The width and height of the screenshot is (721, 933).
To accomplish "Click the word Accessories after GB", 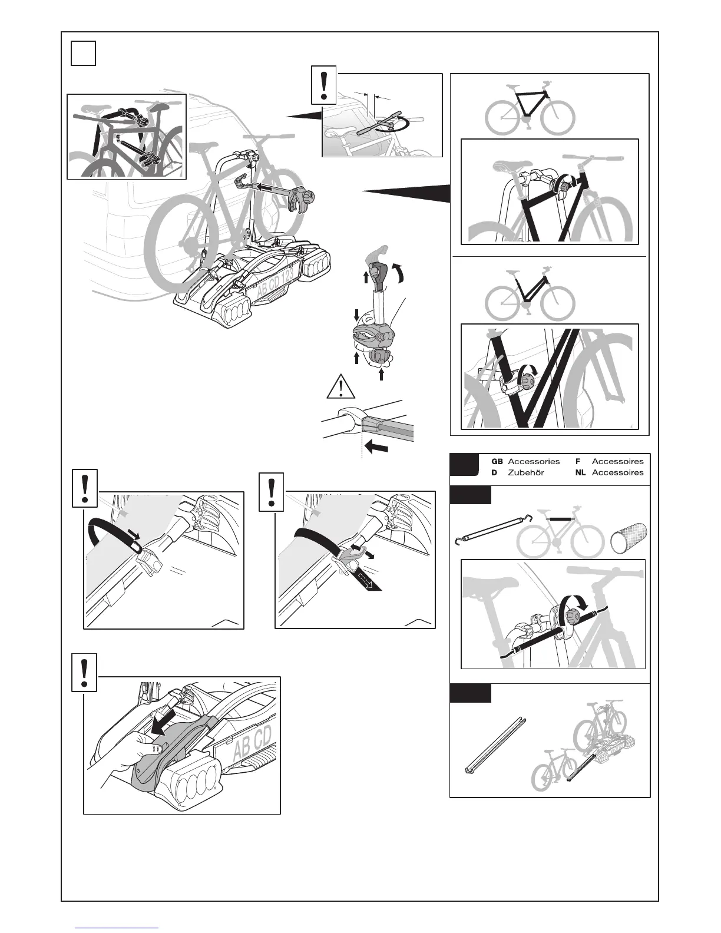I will point(534,462).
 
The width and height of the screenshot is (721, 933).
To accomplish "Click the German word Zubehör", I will point(525,472).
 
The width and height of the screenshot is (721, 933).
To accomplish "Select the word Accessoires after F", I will point(617,462).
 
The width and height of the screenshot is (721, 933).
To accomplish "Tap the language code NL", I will point(580,472).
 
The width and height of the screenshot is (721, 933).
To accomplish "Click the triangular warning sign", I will point(338,389).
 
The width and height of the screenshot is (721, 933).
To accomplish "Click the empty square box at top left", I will point(83,52).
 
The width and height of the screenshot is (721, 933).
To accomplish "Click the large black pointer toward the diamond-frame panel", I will point(406,192).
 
